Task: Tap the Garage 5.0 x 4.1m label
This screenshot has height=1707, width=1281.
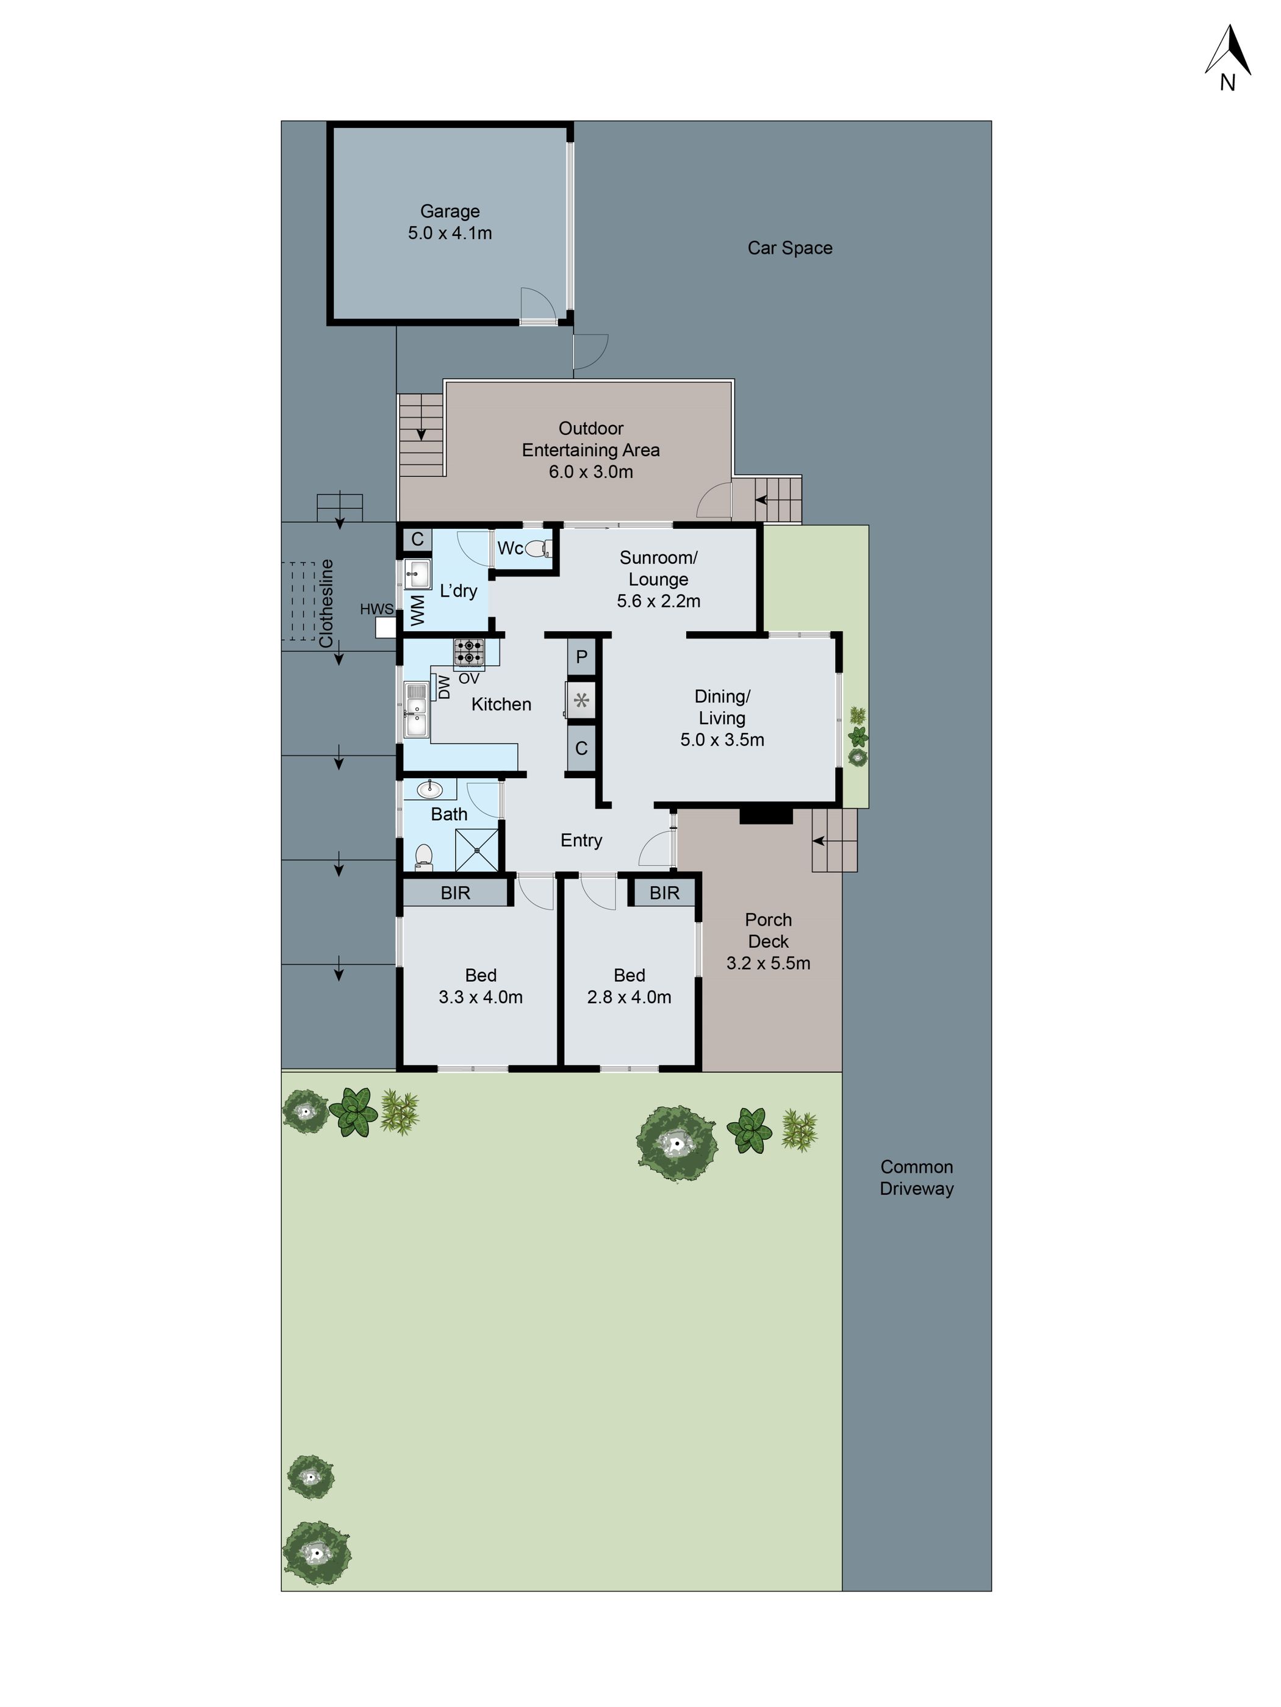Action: click(x=450, y=222)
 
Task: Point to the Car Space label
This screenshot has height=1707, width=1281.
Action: click(x=789, y=248)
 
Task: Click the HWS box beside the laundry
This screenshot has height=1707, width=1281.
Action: click(x=385, y=626)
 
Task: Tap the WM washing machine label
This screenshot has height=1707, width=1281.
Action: click(x=417, y=610)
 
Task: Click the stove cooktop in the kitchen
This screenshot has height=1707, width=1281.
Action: click(x=468, y=652)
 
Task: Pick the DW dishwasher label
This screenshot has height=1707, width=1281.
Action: click(x=443, y=687)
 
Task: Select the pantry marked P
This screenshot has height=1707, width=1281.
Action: click(x=581, y=657)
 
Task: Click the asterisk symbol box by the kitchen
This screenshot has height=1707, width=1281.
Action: click(x=581, y=701)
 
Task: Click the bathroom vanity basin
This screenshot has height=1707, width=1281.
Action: click(x=429, y=789)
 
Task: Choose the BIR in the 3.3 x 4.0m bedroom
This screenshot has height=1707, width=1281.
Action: click(x=455, y=893)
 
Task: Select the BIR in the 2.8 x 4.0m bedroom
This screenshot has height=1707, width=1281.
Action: click(x=664, y=893)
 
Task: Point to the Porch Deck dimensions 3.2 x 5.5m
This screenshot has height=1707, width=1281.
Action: click(x=768, y=963)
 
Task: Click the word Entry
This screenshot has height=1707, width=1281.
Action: click(x=581, y=840)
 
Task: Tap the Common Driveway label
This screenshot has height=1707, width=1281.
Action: click(x=916, y=1178)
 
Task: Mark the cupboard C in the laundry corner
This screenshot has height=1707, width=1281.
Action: click(x=417, y=539)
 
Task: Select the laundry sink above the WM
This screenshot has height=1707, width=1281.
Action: click(x=417, y=573)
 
